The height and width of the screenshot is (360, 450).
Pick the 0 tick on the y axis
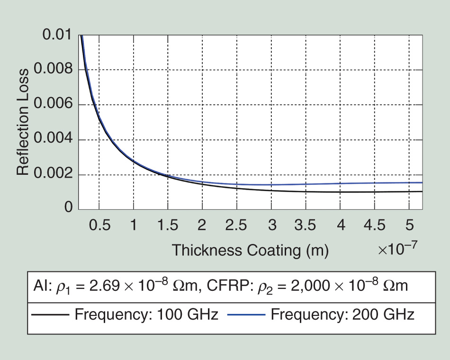(68, 207)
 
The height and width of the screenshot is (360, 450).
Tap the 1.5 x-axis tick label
(168, 225)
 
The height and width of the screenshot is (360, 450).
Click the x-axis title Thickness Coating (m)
(250, 250)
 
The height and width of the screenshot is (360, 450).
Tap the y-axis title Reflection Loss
(23, 122)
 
